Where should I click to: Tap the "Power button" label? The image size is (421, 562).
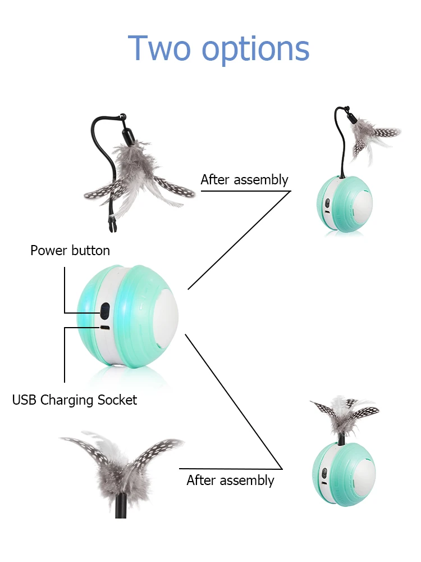(70, 250)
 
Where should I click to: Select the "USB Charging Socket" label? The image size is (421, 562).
(75, 400)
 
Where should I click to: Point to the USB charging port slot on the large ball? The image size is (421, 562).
(104, 327)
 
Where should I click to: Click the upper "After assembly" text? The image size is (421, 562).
(244, 180)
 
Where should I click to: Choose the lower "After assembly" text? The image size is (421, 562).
(230, 481)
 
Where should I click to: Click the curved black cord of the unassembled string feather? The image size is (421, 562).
(97, 140)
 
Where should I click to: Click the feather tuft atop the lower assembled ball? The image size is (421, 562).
(344, 413)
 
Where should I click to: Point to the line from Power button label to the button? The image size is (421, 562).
(65, 292)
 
